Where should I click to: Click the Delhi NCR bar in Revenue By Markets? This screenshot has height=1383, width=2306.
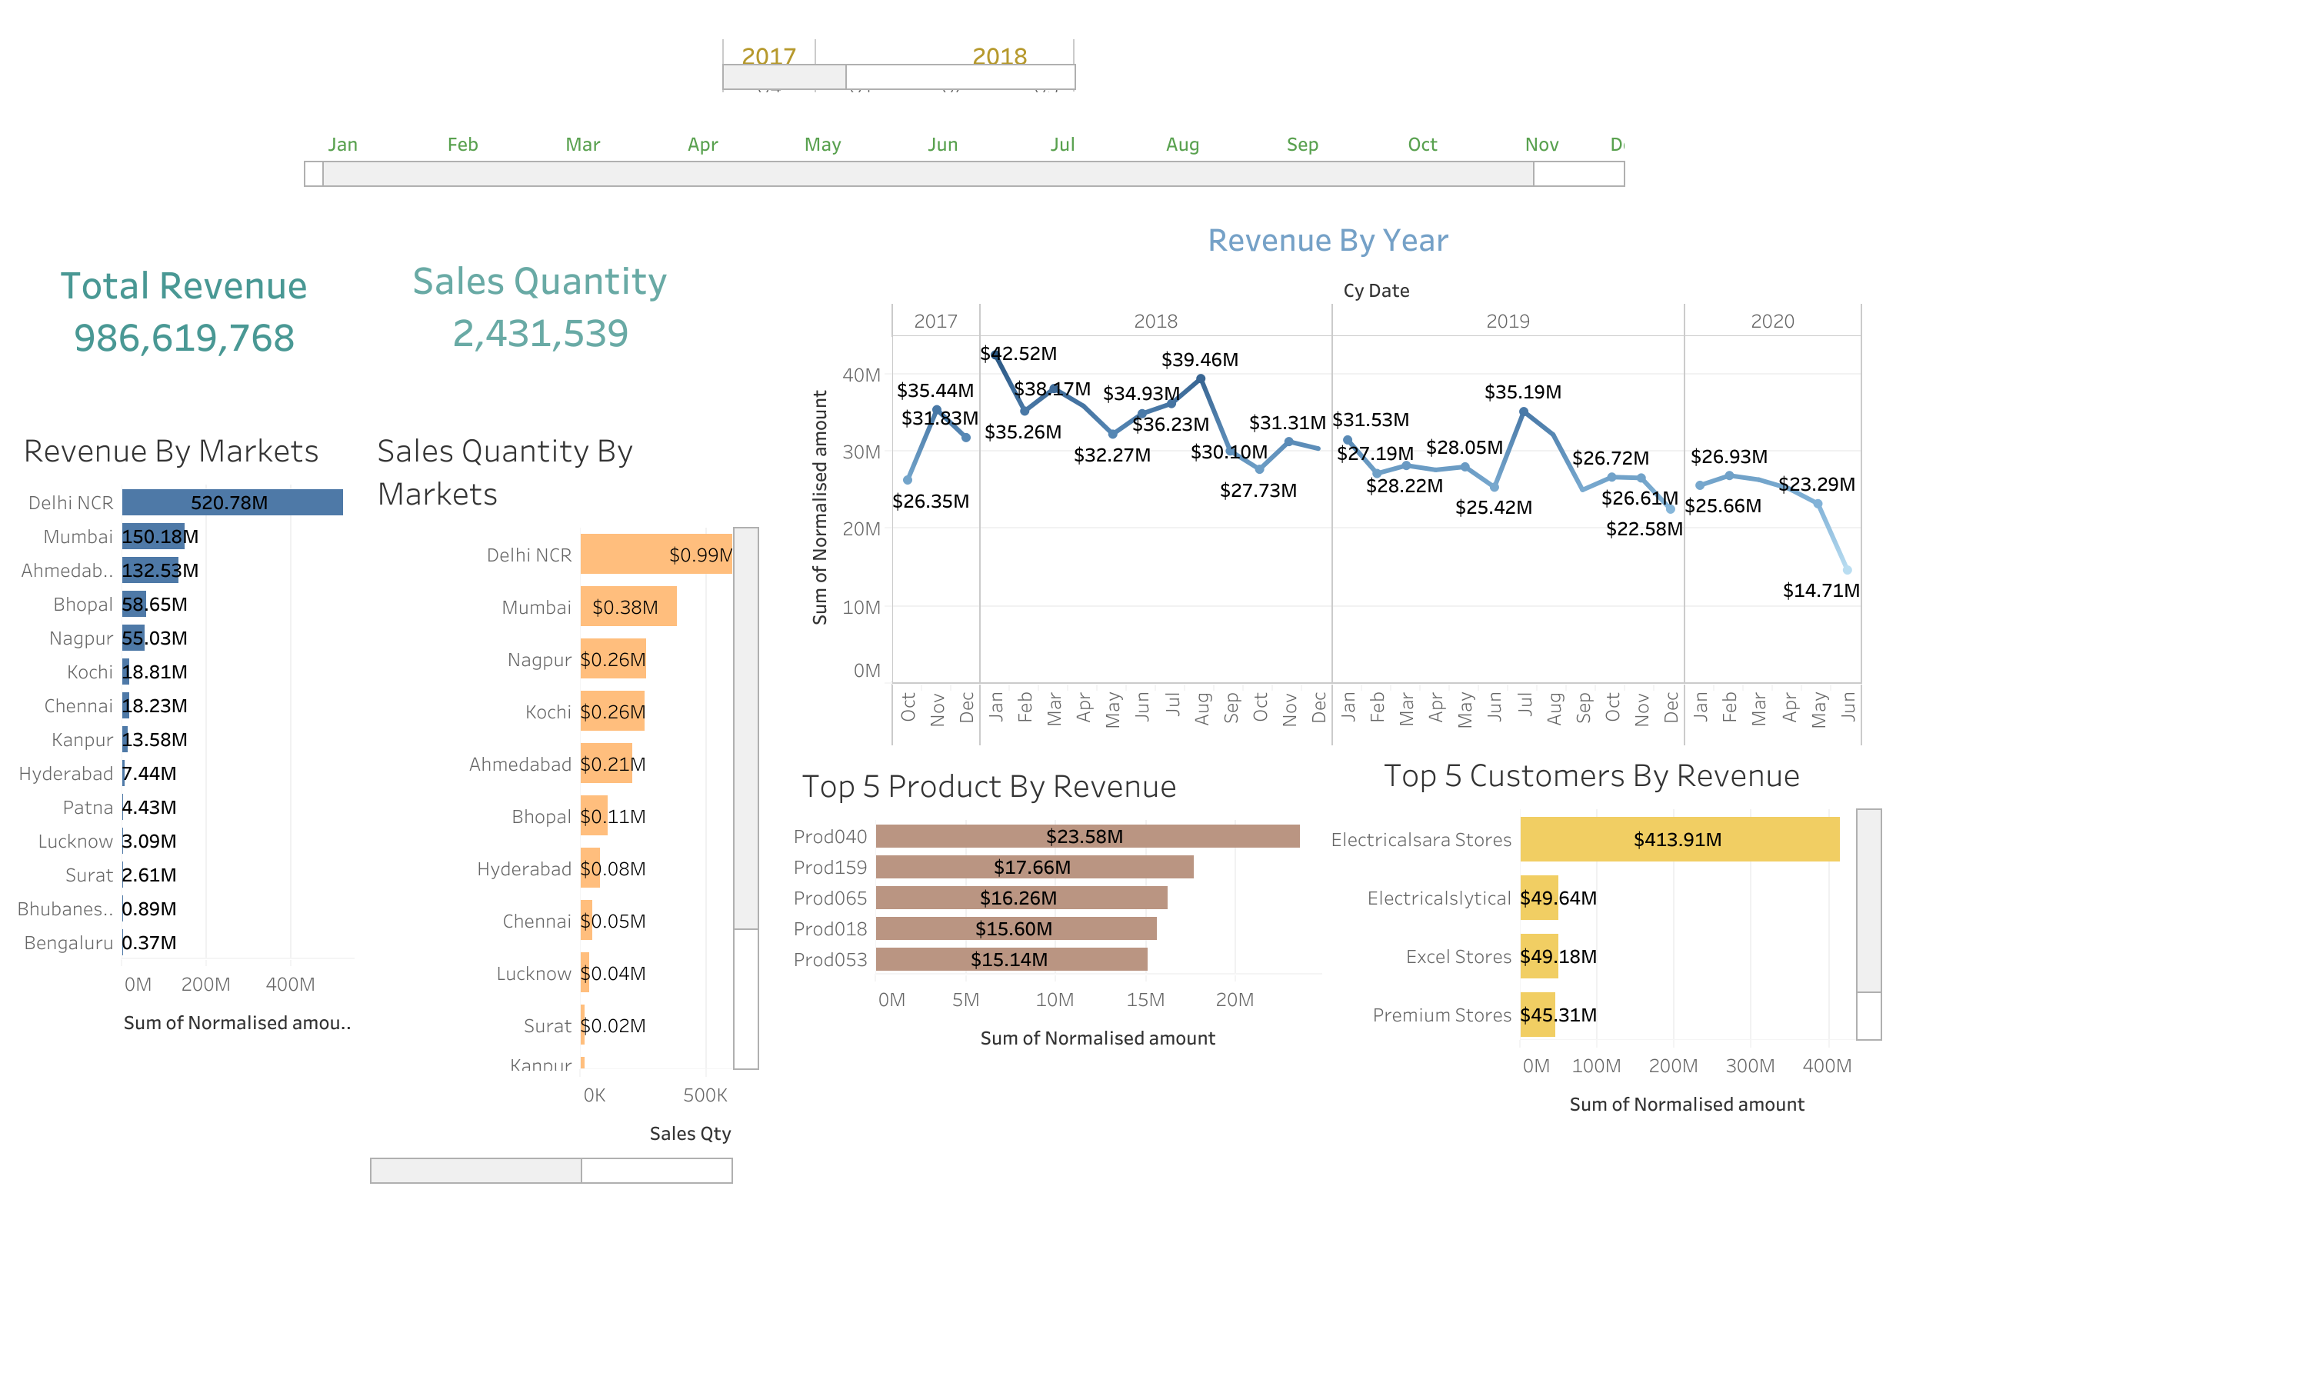(x=232, y=502)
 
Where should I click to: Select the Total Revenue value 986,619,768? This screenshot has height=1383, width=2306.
(x=184, y=338)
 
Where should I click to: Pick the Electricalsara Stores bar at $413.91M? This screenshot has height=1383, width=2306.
(x=1678, y=838)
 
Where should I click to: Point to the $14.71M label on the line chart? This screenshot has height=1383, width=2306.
(x=1820, y=590)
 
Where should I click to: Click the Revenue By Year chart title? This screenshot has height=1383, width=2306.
(x=1327, y=241)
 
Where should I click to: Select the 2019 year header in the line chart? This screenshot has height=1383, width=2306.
(x=1507, y=322)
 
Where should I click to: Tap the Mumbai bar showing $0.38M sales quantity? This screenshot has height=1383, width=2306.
(x=627, y=607)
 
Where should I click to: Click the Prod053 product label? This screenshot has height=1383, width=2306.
(x=829, y=959)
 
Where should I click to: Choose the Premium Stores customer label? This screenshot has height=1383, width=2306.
(x=1441, y=1015)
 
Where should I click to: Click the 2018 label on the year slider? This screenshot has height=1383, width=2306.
(x=999, y=56)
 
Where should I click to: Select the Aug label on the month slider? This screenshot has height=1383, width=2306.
(x=1181, y=145)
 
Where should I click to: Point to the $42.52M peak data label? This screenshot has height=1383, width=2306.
(x=1018, y=353)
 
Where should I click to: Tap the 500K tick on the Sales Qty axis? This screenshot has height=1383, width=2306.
(x=705, y=1095)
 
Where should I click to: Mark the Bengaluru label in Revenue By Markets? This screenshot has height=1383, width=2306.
(x=68, y=942)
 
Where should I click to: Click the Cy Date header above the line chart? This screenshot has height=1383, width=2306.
(x=1375, y=291)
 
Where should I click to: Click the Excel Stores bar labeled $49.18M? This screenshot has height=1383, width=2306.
(x=1538, y=956)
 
